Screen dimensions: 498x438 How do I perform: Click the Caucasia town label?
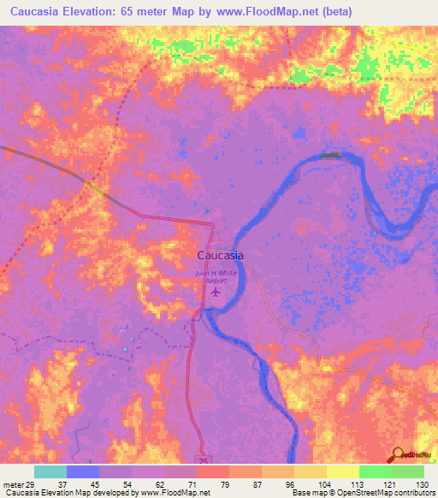point(220,255)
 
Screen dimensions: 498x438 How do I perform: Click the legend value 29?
point(35,484)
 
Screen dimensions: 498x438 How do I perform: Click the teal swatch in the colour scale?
point(50,471)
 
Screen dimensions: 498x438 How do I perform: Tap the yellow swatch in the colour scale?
point(343,471)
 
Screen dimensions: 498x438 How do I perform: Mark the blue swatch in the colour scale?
point(83,471)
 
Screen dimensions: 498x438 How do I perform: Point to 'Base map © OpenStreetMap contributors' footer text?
point(362,494)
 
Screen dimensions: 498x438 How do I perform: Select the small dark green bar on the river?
point(329,156)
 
